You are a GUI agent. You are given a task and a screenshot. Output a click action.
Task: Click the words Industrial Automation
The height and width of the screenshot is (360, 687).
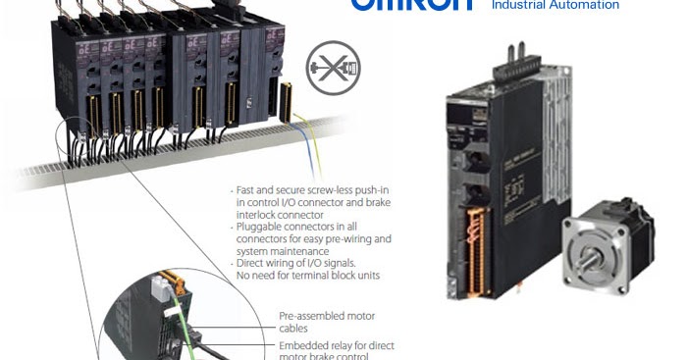(x=555, y=5)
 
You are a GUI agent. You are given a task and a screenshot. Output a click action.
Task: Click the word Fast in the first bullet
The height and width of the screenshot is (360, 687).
(x=248, y=189)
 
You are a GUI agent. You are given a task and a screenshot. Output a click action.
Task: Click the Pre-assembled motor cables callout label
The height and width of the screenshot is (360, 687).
(x=327, y=322)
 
